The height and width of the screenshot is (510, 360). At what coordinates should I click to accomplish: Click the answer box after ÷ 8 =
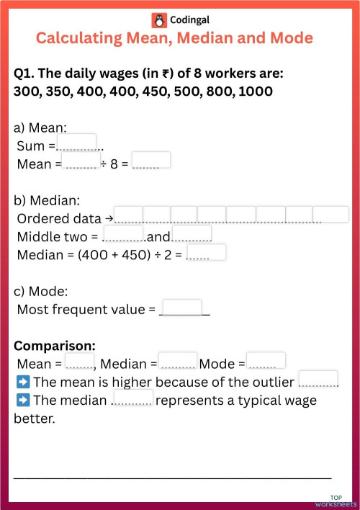coord(151,160)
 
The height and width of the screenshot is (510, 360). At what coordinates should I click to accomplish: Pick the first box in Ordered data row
coord(129,214)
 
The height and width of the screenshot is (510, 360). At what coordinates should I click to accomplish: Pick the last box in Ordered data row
coord(330,214)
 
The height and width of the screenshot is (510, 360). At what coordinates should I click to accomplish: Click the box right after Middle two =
coord(124,234)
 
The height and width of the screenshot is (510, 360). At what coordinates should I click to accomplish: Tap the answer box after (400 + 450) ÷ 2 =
coord(206,252)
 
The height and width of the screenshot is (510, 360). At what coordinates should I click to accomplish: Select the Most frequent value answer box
coord(182,308)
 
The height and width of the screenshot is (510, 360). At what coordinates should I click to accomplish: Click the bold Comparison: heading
coord(54,345)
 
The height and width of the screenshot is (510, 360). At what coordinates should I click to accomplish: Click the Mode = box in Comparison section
coord(266,360)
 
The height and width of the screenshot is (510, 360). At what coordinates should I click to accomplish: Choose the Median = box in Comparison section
coord(178,360)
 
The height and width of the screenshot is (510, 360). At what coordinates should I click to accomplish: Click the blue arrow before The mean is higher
coord(22,382)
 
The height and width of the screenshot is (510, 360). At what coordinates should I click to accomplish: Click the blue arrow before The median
coord(22,400)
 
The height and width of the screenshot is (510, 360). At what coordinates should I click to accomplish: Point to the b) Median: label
coord(47,200)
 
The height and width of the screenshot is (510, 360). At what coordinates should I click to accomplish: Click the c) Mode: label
coord(41,292)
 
